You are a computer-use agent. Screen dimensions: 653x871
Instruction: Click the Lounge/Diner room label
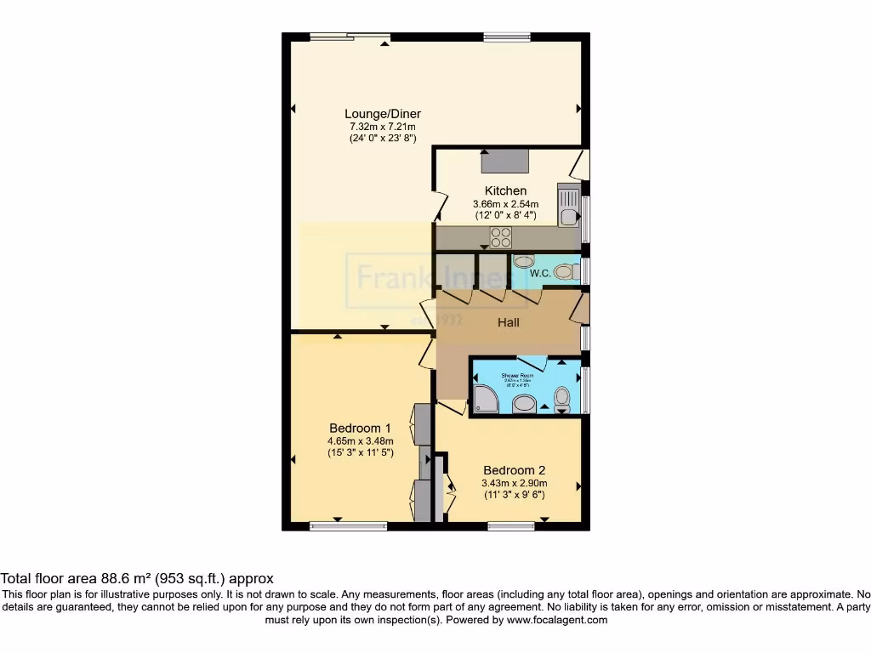382,114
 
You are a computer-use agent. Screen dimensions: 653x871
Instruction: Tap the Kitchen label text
505,190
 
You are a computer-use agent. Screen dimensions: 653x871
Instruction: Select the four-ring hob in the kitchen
500,237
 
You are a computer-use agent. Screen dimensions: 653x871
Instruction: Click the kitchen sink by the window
567,206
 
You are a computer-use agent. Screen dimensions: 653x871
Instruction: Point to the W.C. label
539,274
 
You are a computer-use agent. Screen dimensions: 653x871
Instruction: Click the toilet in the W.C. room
563,272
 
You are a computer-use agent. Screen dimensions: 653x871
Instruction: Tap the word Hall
508,322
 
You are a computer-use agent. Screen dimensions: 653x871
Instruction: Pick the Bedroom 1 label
360,428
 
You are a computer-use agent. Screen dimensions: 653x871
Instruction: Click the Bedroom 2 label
514,470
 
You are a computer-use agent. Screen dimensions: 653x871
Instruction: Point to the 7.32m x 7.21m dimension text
382,127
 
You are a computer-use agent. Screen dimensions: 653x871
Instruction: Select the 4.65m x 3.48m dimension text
360,440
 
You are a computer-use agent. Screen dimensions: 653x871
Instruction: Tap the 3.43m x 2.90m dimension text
514,483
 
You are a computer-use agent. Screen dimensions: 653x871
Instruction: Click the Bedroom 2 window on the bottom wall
511,526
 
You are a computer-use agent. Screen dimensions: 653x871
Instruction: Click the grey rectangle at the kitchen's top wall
505,161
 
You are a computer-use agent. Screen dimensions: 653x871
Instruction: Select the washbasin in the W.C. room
524,261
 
